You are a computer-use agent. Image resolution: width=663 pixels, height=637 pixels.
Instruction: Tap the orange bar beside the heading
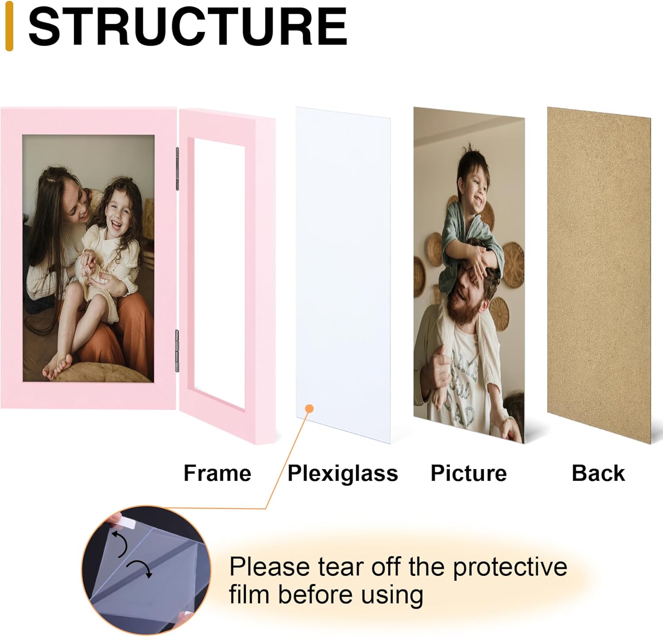pos(9,26)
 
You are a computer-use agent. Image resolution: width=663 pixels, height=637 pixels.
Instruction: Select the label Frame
pos(217,473)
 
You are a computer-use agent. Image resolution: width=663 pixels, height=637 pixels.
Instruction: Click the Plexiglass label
pos(343,473)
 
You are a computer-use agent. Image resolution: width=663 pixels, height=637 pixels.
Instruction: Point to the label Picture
pos(469,473)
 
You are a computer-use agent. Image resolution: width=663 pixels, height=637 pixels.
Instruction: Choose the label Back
pos(598,473)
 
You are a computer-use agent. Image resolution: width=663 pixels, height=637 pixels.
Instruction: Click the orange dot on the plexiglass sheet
pos(309,408)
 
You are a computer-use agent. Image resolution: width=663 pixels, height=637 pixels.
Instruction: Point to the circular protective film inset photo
pos(146,570)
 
